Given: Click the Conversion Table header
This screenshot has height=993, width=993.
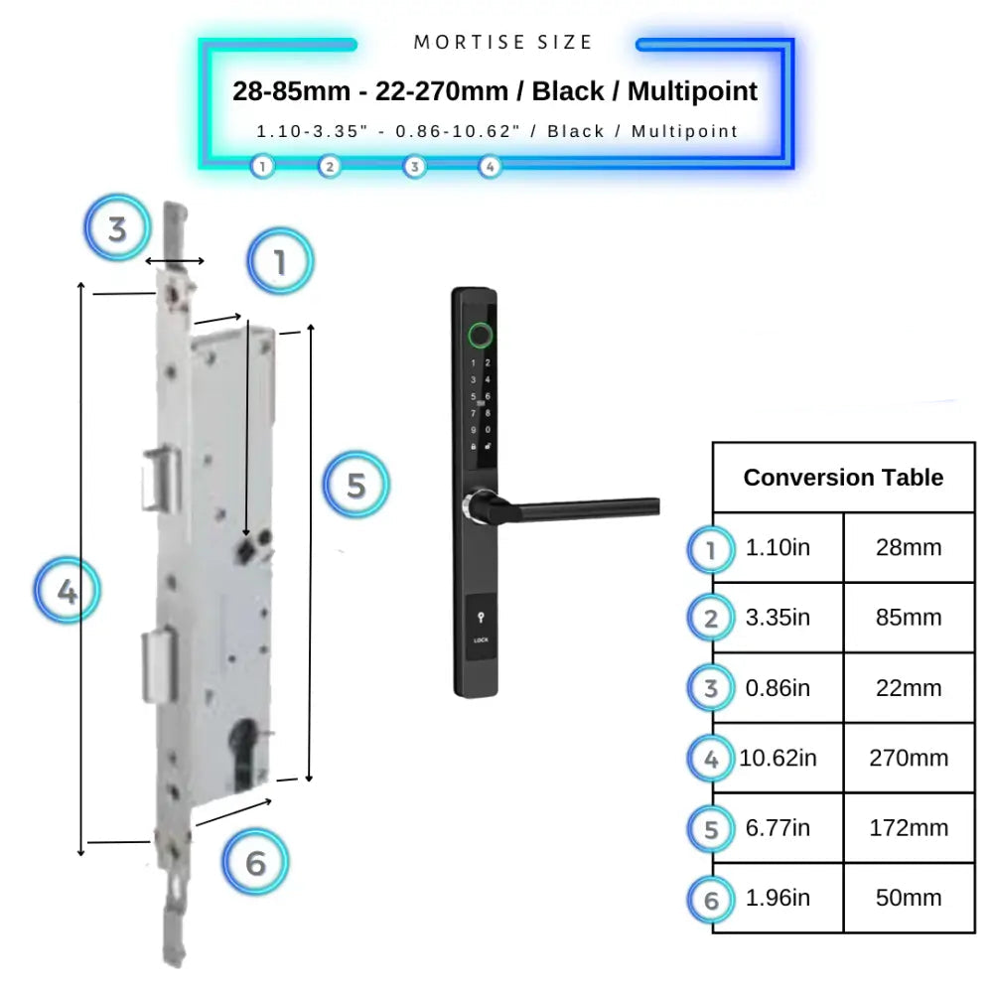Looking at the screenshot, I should (x=843, y=478).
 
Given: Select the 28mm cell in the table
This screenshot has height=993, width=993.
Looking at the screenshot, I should (x=909, y=548).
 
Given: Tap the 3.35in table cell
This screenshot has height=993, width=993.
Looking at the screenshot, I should (x=778, y=618).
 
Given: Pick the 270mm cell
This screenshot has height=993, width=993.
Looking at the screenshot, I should (x=909, y=758).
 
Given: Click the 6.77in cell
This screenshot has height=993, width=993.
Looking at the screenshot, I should (x=778, y=827).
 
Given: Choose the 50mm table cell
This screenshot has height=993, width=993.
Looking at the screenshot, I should (x=909, y=898).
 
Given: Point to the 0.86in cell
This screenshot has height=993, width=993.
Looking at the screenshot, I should (x=778, y=687).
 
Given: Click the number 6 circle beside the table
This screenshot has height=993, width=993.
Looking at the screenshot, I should (x=710, y=900).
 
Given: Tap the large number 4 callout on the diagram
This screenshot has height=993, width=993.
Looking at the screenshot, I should (x=67, y=593).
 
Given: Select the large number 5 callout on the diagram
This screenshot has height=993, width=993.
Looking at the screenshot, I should (x=356, y=486).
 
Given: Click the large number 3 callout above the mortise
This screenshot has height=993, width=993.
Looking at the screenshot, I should (x=117, y=229).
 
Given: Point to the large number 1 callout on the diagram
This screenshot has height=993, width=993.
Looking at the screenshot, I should (x=280, y=262).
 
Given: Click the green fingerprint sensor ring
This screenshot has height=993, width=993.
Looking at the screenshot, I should (x=480, y=334).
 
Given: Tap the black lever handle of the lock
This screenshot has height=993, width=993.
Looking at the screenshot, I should (x=586, y=507).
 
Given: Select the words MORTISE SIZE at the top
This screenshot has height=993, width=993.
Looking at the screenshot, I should (x=503, y=43).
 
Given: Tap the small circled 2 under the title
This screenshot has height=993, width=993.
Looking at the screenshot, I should (x=330, y=167).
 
